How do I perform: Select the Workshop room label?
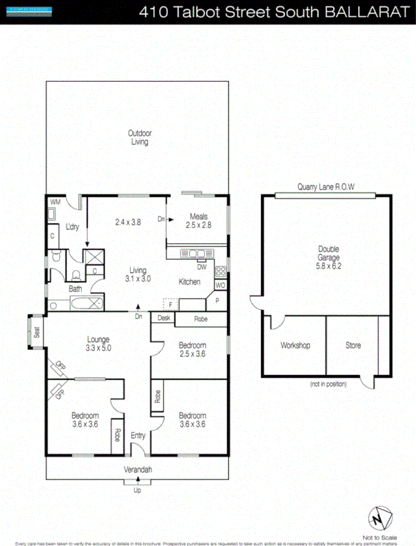[295, 345]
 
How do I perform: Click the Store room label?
[353, 345]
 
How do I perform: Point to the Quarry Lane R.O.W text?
[326, 187]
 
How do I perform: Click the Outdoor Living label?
[139, 137]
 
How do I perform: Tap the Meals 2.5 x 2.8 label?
[198, 220]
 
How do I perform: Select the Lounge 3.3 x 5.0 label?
[98, 343]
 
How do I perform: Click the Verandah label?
[138, 470]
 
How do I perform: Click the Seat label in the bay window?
[37, 332]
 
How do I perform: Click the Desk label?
[164, 318]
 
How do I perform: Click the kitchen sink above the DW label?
[194, 253]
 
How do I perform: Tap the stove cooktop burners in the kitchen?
[220, 272]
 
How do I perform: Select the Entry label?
[138, 435]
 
